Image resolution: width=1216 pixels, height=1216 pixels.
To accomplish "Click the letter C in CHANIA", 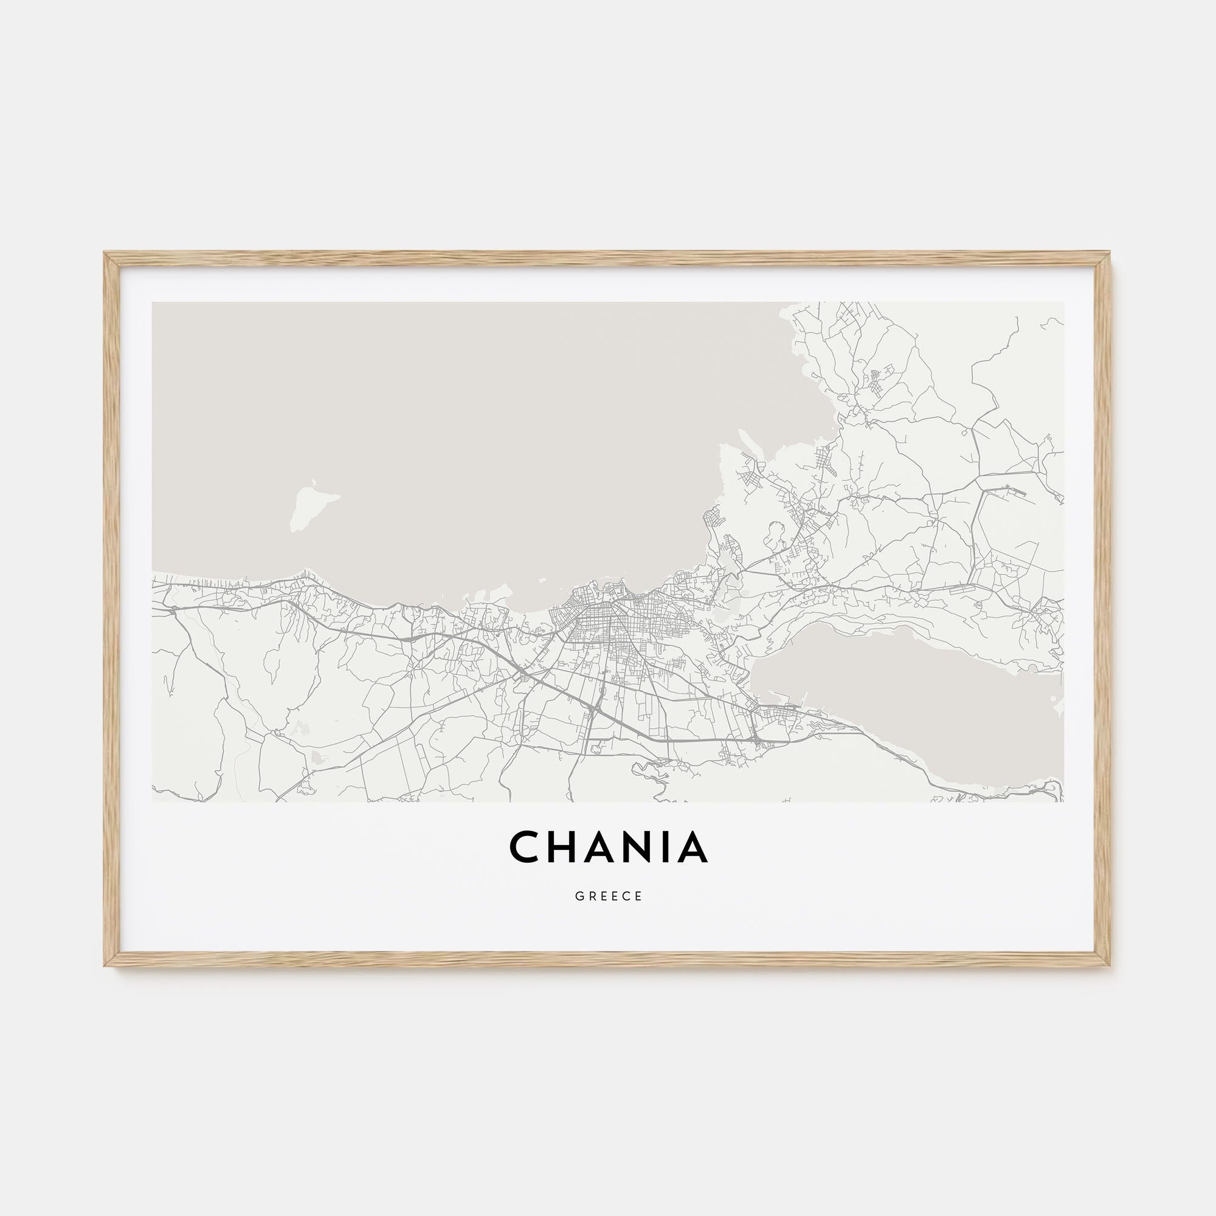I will coord(526,847).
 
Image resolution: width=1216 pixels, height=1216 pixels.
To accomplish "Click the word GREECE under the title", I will coord(609,896).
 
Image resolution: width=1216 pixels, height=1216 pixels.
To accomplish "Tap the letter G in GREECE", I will coord(578,896).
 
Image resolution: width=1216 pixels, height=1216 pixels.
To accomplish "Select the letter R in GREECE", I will coord(590,896).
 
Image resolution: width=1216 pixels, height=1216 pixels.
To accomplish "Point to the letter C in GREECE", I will coord(627,896).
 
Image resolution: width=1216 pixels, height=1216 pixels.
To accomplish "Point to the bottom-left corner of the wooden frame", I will coord(106,964).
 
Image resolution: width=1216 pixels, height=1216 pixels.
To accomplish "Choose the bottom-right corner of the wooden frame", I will coord(1109,964).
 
